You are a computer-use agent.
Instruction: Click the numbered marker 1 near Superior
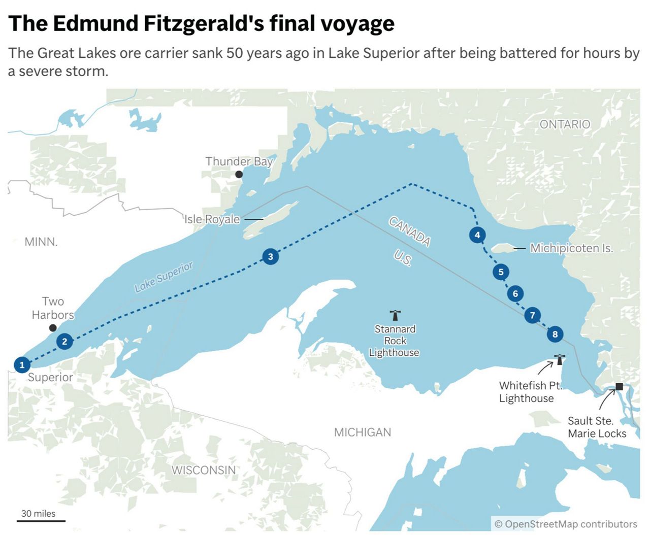point(22,364)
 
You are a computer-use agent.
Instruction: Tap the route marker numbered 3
point(270,257)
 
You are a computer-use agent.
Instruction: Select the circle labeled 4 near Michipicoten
point(477,235)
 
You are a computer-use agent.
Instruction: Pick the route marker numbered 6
point(515,293)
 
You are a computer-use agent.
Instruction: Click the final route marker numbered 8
point(555,334)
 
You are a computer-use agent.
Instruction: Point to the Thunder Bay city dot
point(239,175)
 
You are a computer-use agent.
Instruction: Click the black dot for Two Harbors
point(52,328)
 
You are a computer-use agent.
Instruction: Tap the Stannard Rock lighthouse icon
point(395,315)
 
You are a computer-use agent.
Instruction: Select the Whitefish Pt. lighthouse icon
point(560,359)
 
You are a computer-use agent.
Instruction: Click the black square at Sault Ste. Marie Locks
point(619,386)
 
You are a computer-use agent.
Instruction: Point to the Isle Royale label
point(212,219)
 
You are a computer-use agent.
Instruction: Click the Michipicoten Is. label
point(571,248)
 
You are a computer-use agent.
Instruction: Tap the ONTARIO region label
point(565,124)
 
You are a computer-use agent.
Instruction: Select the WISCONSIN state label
point(203,470)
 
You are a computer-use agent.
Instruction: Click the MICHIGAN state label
point(363,432)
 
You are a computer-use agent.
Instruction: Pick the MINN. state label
point(41,242)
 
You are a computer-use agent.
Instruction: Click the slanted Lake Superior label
point(164,277)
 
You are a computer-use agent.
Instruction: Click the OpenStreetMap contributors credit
point(566,524)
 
